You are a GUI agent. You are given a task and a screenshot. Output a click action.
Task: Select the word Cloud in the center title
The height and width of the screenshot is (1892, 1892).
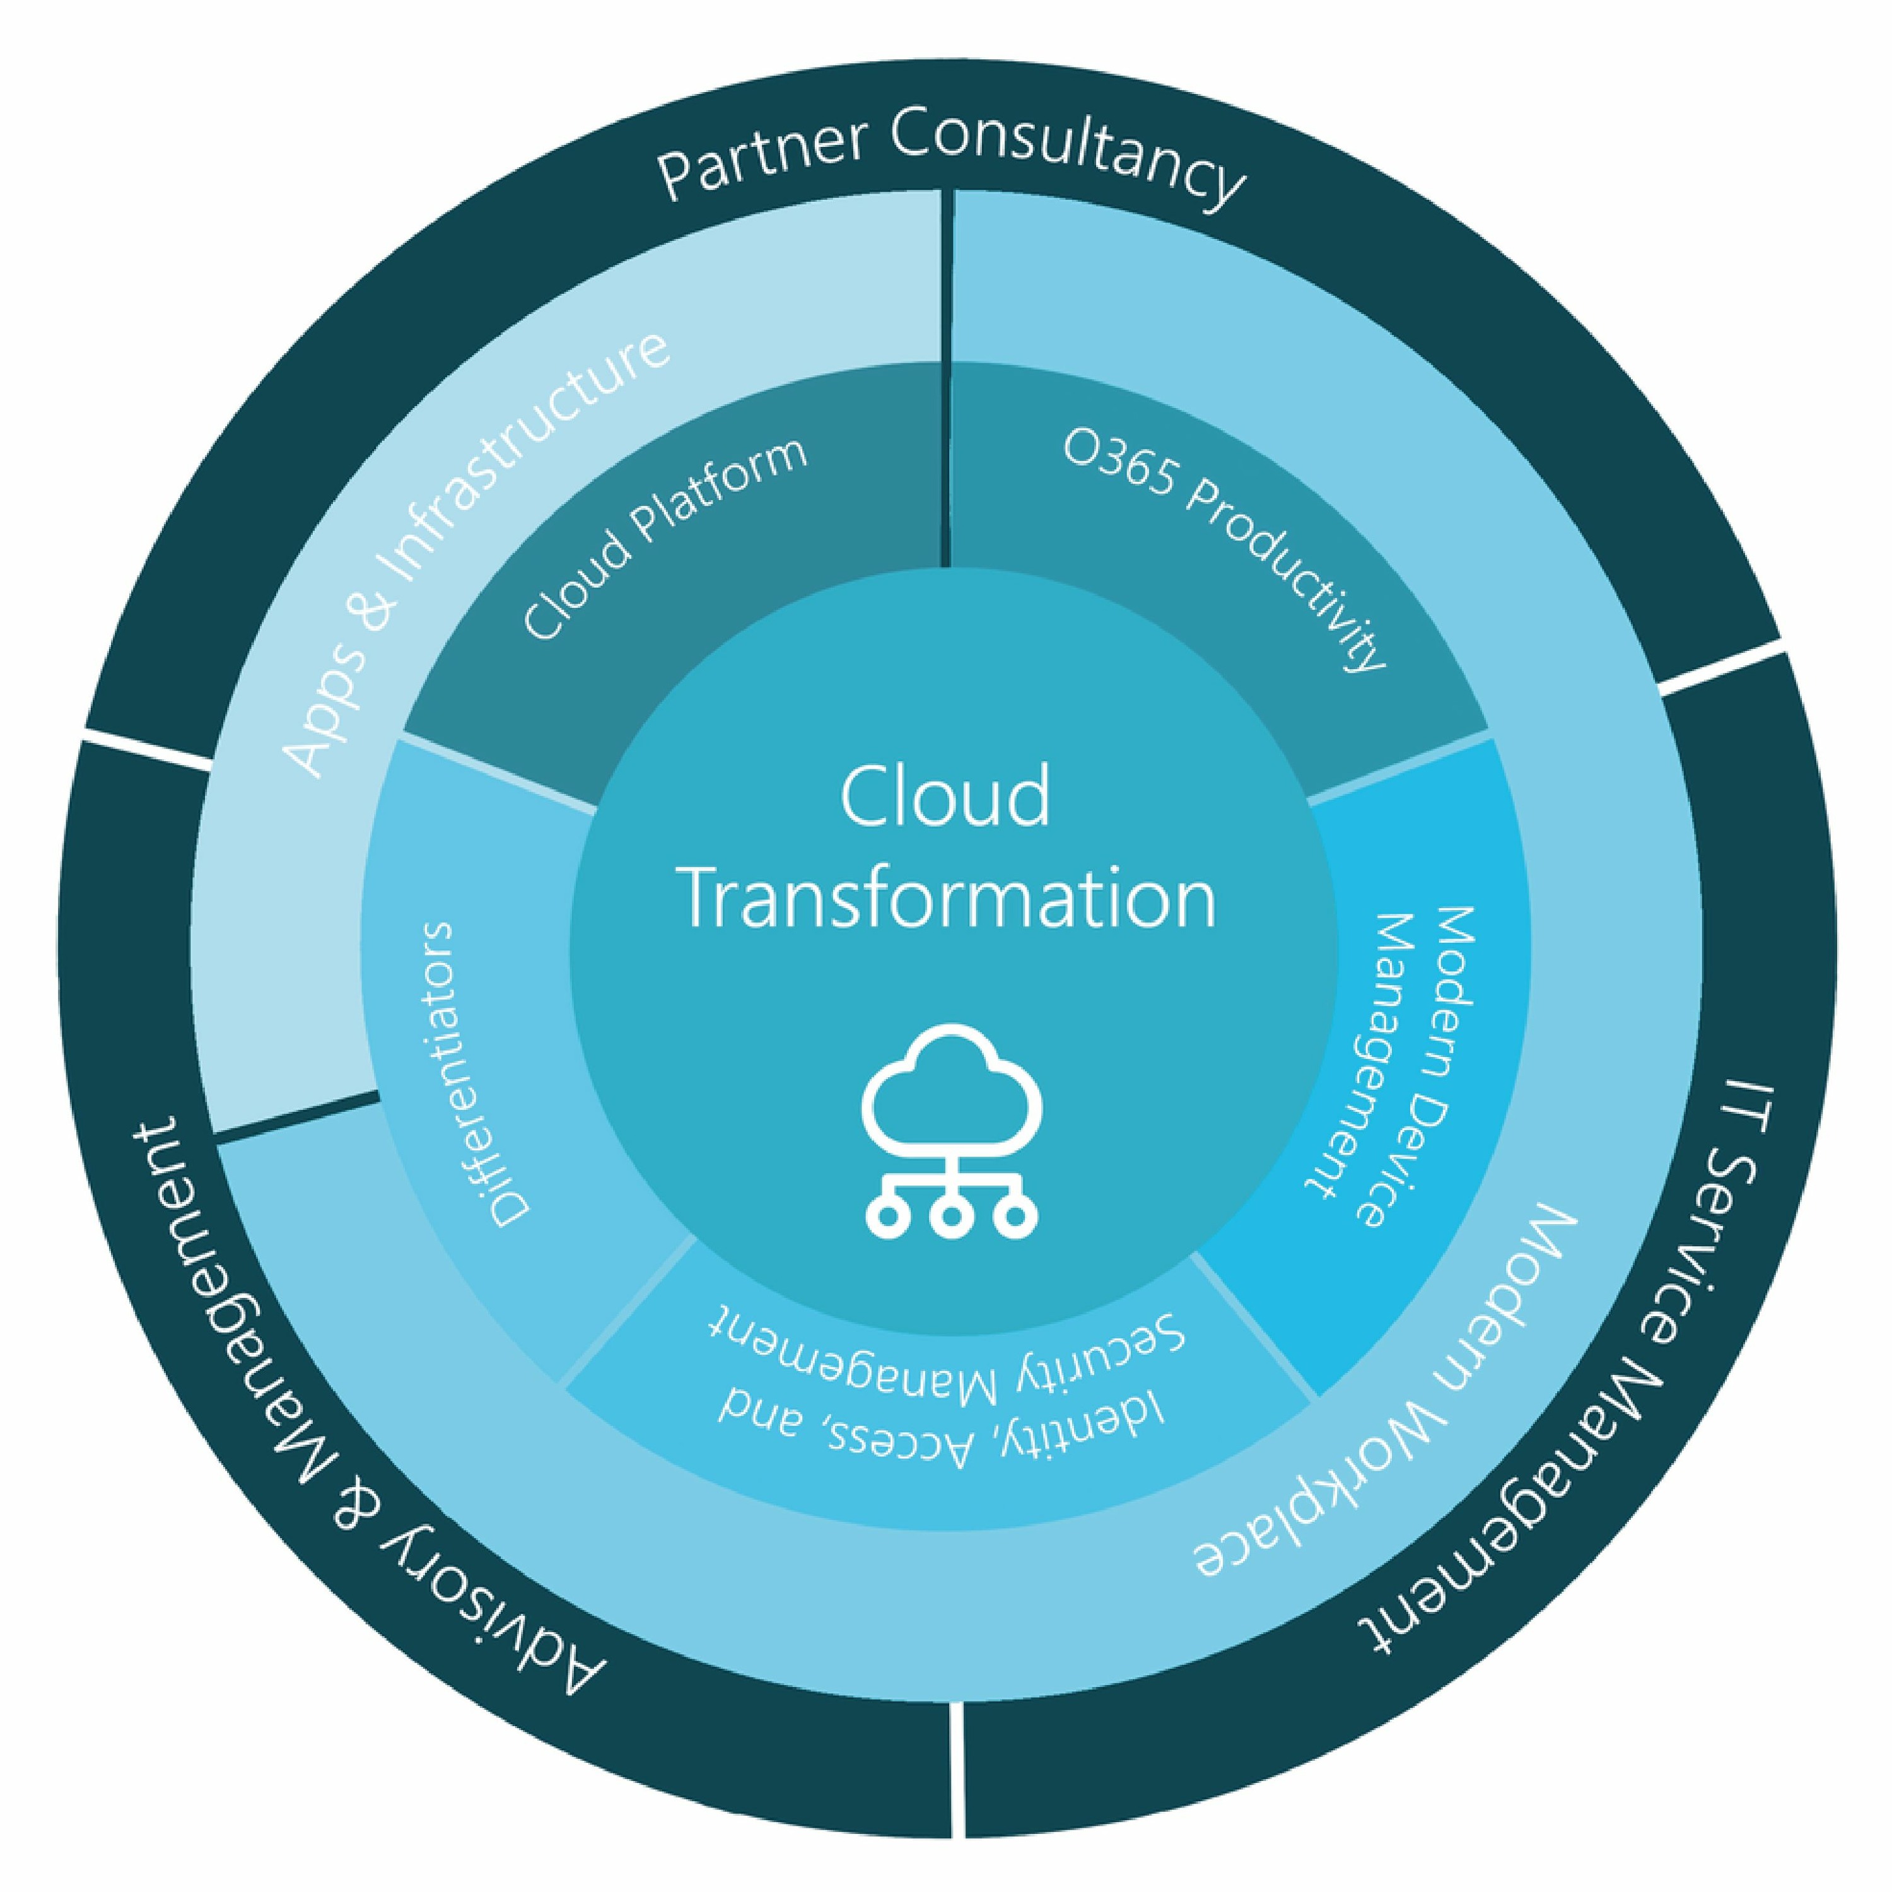tap(945, 796)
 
